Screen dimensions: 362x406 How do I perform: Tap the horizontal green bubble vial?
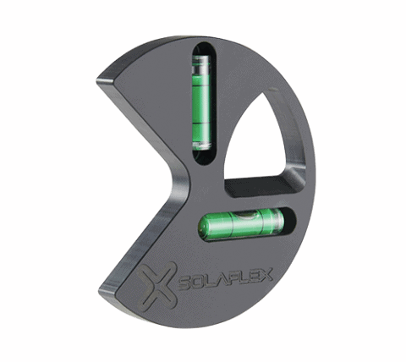[x=241, y=223]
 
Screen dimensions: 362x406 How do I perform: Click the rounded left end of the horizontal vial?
[x=204, y=227]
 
